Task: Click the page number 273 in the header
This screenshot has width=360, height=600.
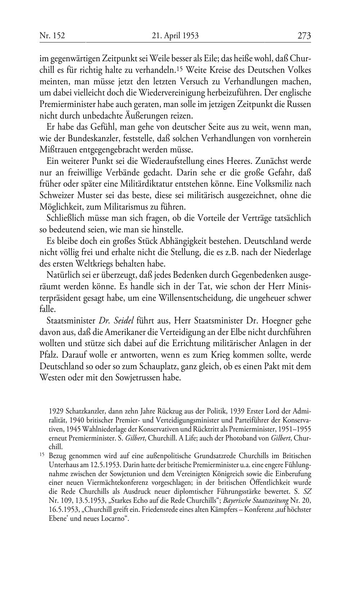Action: (x=304, y=36)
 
